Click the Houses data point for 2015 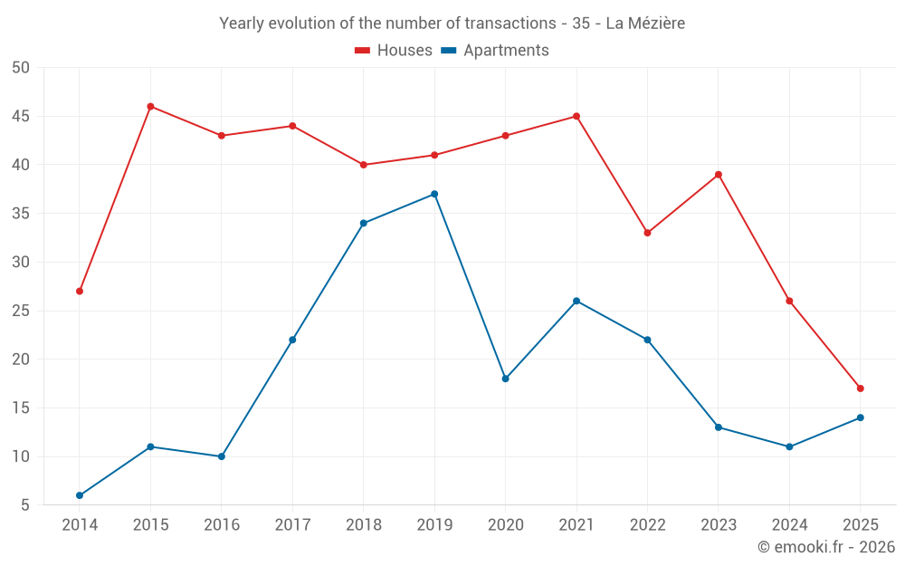click(150, 107)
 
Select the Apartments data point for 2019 click(434, 194)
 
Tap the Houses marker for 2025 click(861, 389)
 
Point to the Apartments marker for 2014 click(80, 495)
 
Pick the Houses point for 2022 click(647, 233)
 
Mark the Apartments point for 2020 click(505, 379)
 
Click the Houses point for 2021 click(576, 116)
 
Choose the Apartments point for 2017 click(292, 340)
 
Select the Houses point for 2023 click(719, 175)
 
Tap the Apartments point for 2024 click(789, 446)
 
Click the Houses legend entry click(394, 51)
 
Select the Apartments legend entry click(495, 51)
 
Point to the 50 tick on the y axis click(22, 68)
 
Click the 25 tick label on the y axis click(22, 311)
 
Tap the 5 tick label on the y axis click(25, 505)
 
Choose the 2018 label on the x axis click(364, 525)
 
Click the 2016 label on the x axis click(222, 525)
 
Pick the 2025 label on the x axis click(861, 525)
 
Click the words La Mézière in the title click(645, 24)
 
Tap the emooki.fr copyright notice click(826, 547)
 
